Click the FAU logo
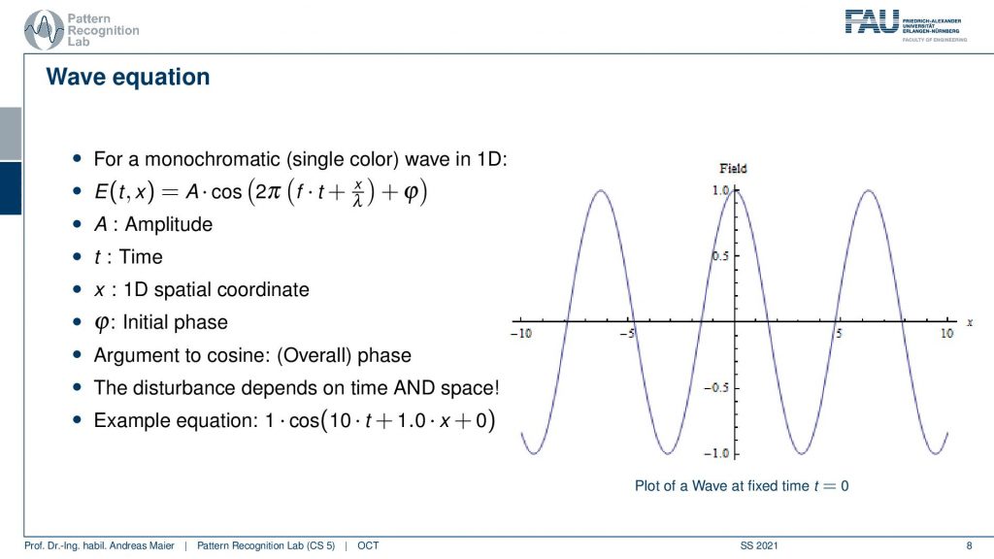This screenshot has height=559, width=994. (x=906, y=25)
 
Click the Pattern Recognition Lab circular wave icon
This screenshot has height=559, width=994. (x=43, y=30)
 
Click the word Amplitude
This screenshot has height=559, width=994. (x=169, y=224)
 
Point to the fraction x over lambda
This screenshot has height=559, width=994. (x=357, y=192)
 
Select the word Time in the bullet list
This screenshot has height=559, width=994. (x=141, y=256)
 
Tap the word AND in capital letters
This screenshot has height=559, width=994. (x=414, y=387)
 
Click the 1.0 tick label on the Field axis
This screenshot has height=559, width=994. (x=721, y=190)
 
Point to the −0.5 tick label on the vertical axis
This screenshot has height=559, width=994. (x=716, y=387)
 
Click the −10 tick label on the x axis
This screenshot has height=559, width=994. (x=521, y=334)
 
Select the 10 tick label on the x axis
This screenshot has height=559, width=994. (x=947, y=334)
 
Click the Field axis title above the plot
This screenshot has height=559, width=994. (x=733, y=169)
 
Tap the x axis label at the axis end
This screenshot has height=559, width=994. (x=970, y=322)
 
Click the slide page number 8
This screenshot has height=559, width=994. (x=969, y=545)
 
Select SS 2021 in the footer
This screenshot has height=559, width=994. (x=759, y=545)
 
